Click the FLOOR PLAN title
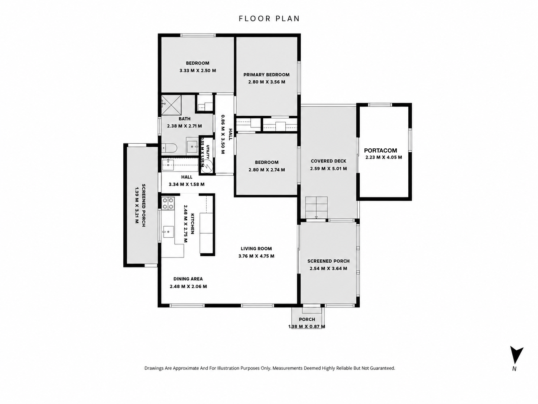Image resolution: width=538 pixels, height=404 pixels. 269,19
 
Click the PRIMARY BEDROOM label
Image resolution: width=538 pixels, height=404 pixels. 266,74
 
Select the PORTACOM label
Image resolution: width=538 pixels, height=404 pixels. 380,150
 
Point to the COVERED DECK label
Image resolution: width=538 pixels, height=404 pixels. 328,161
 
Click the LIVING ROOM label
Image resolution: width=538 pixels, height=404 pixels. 256,249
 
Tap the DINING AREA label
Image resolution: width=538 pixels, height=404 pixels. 188,279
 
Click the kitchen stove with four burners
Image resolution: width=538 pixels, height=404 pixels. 168,203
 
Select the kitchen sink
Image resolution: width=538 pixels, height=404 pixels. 168,232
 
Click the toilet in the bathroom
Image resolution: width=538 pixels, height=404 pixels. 169,148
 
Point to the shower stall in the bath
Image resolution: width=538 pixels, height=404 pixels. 171,105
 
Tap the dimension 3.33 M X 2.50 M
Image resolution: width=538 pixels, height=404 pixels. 198,71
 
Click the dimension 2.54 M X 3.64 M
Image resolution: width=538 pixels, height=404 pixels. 328,269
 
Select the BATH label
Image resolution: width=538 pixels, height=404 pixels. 185,119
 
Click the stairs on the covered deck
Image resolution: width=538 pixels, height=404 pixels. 316,207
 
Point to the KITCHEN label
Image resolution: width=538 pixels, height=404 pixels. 192,224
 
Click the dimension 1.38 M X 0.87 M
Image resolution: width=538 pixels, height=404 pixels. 307,327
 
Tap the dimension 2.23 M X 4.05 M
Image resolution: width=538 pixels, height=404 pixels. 384,157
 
